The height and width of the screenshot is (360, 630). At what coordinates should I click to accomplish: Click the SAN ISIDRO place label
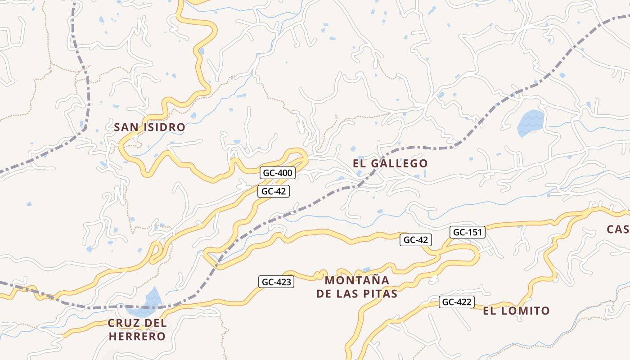pos(149,127)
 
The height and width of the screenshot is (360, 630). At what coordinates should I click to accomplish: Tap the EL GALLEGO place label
pos(390,163)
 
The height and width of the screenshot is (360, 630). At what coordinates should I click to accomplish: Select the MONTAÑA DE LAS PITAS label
pos(357,287)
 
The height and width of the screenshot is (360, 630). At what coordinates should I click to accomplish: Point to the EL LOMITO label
pos(516,310)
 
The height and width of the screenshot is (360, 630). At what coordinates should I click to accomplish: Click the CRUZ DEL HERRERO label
pos(137,329)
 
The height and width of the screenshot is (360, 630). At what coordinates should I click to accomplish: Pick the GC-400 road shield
pos(278,173)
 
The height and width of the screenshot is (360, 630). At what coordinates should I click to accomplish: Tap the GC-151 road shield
pos(467,232)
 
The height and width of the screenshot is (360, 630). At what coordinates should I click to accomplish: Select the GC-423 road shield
pos(277,282)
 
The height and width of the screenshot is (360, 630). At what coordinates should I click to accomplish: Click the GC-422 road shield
pos(457,302)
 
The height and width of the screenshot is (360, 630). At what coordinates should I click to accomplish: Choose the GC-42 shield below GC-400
pos(274,191)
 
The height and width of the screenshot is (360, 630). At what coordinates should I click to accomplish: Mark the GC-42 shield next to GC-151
pos(415,240)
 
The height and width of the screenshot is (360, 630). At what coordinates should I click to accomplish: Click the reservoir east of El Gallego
pos(531,123)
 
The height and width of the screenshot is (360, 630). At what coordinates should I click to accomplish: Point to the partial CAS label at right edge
pos(618,229)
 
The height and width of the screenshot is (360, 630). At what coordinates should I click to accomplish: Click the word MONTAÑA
pos(357,280)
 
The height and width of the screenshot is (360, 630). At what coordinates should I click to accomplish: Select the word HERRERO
pos(137,336)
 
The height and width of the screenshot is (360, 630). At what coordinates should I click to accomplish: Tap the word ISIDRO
pos(164,127)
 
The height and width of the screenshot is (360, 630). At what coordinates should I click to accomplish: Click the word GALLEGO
pos(400,163)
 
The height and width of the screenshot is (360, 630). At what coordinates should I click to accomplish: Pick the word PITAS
pos(381,294)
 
